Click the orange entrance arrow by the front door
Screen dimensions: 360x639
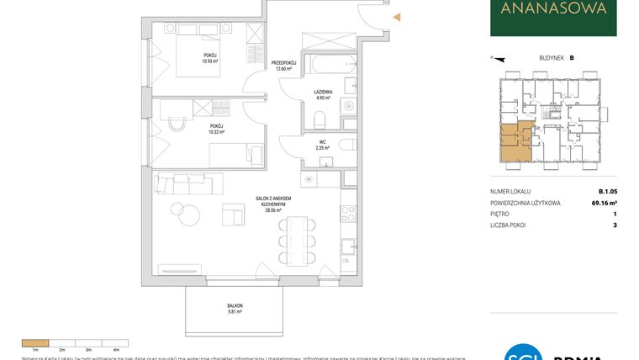tap(398, 17)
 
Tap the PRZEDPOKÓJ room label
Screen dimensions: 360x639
tap(282, 63)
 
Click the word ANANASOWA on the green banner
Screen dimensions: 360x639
tap(553, 10)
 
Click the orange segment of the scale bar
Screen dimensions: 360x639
tap(35, 342)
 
